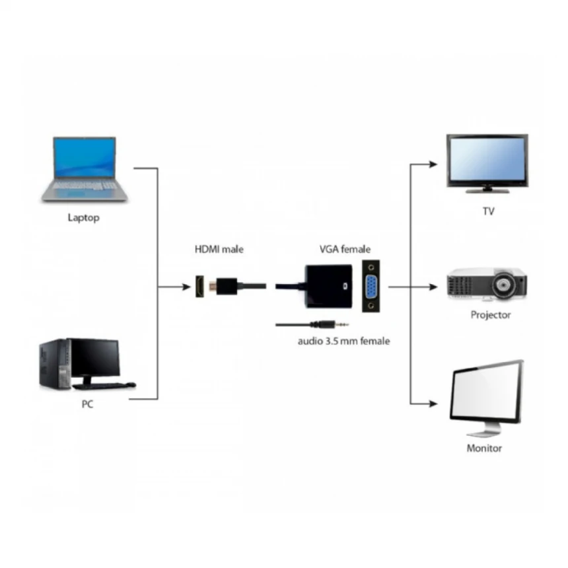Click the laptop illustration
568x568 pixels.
(84, 169)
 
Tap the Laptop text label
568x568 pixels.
(84, 217)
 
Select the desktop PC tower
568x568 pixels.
(54, 364)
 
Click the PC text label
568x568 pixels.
(87, 405)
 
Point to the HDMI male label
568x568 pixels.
(219, 250)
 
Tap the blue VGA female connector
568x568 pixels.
(372, 285)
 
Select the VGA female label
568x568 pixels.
(345, 250)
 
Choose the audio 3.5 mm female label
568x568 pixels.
(343, 341)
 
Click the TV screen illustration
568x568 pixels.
(487, 161)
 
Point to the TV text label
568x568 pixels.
(488, 212)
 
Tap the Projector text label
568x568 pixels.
(490, 315)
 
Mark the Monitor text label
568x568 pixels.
(484, 448)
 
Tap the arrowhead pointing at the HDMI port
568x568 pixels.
(184, 287)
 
